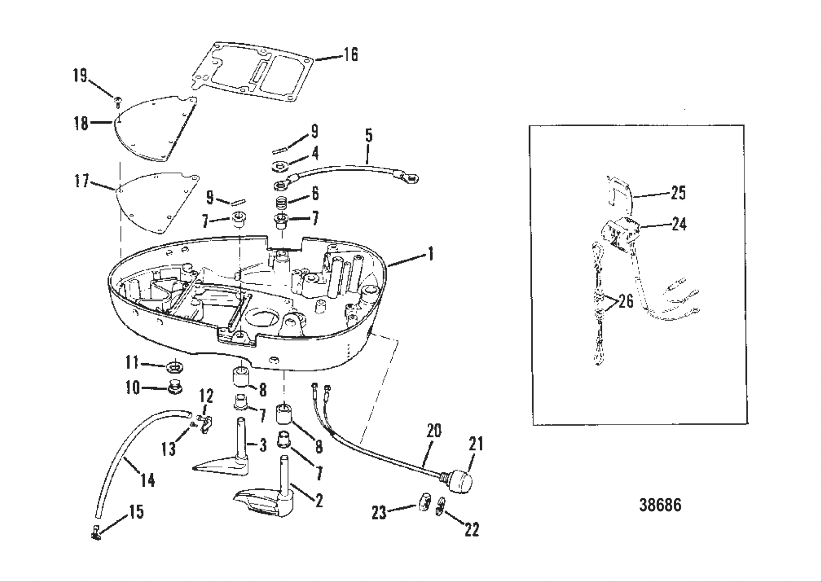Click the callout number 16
pos(351,55)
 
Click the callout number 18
pos(81,124)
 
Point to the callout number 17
pos(82,183)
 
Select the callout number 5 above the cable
pos(368,137)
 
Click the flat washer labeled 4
pos(281,167)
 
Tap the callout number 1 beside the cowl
pos(430,256)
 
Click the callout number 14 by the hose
pos(148,480)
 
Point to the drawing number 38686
pos(660,505)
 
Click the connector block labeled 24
pos(619,232)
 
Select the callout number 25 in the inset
pos(678,193)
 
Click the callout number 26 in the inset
pos(626,301)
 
